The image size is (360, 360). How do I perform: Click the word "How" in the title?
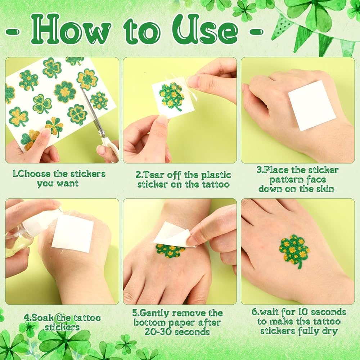(x=71, y=30)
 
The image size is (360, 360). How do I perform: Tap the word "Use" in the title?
(x=205, y=30)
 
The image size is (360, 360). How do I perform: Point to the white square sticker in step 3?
(x=312, y=105)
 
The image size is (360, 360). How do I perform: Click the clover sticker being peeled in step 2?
(x=172, y=96)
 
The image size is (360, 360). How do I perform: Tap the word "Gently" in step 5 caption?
(x=154, y=313)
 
